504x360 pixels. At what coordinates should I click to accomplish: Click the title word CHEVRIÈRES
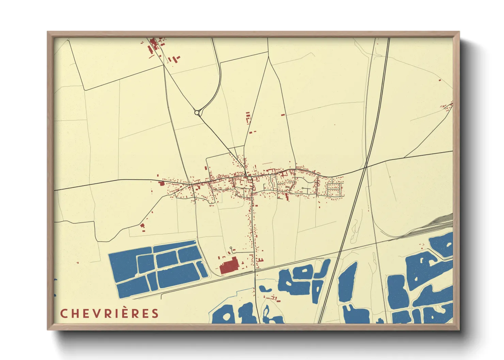click(x=110, y=313)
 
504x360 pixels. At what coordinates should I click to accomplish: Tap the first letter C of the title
click(x=63, y=313)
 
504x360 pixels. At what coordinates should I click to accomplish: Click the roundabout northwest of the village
click(x=197, y=113)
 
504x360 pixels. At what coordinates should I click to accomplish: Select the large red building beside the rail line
click(x=229, y=266)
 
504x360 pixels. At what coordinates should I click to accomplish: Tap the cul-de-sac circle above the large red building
click(x=231, y=248)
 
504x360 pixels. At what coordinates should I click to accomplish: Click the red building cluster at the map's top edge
click(x=154, y=45)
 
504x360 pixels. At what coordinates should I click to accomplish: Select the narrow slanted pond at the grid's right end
click(x=202, y=269)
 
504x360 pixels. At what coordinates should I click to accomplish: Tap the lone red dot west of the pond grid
click(x=78, y=263)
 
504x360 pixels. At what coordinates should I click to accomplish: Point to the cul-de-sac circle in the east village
click(x=302, y=188)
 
